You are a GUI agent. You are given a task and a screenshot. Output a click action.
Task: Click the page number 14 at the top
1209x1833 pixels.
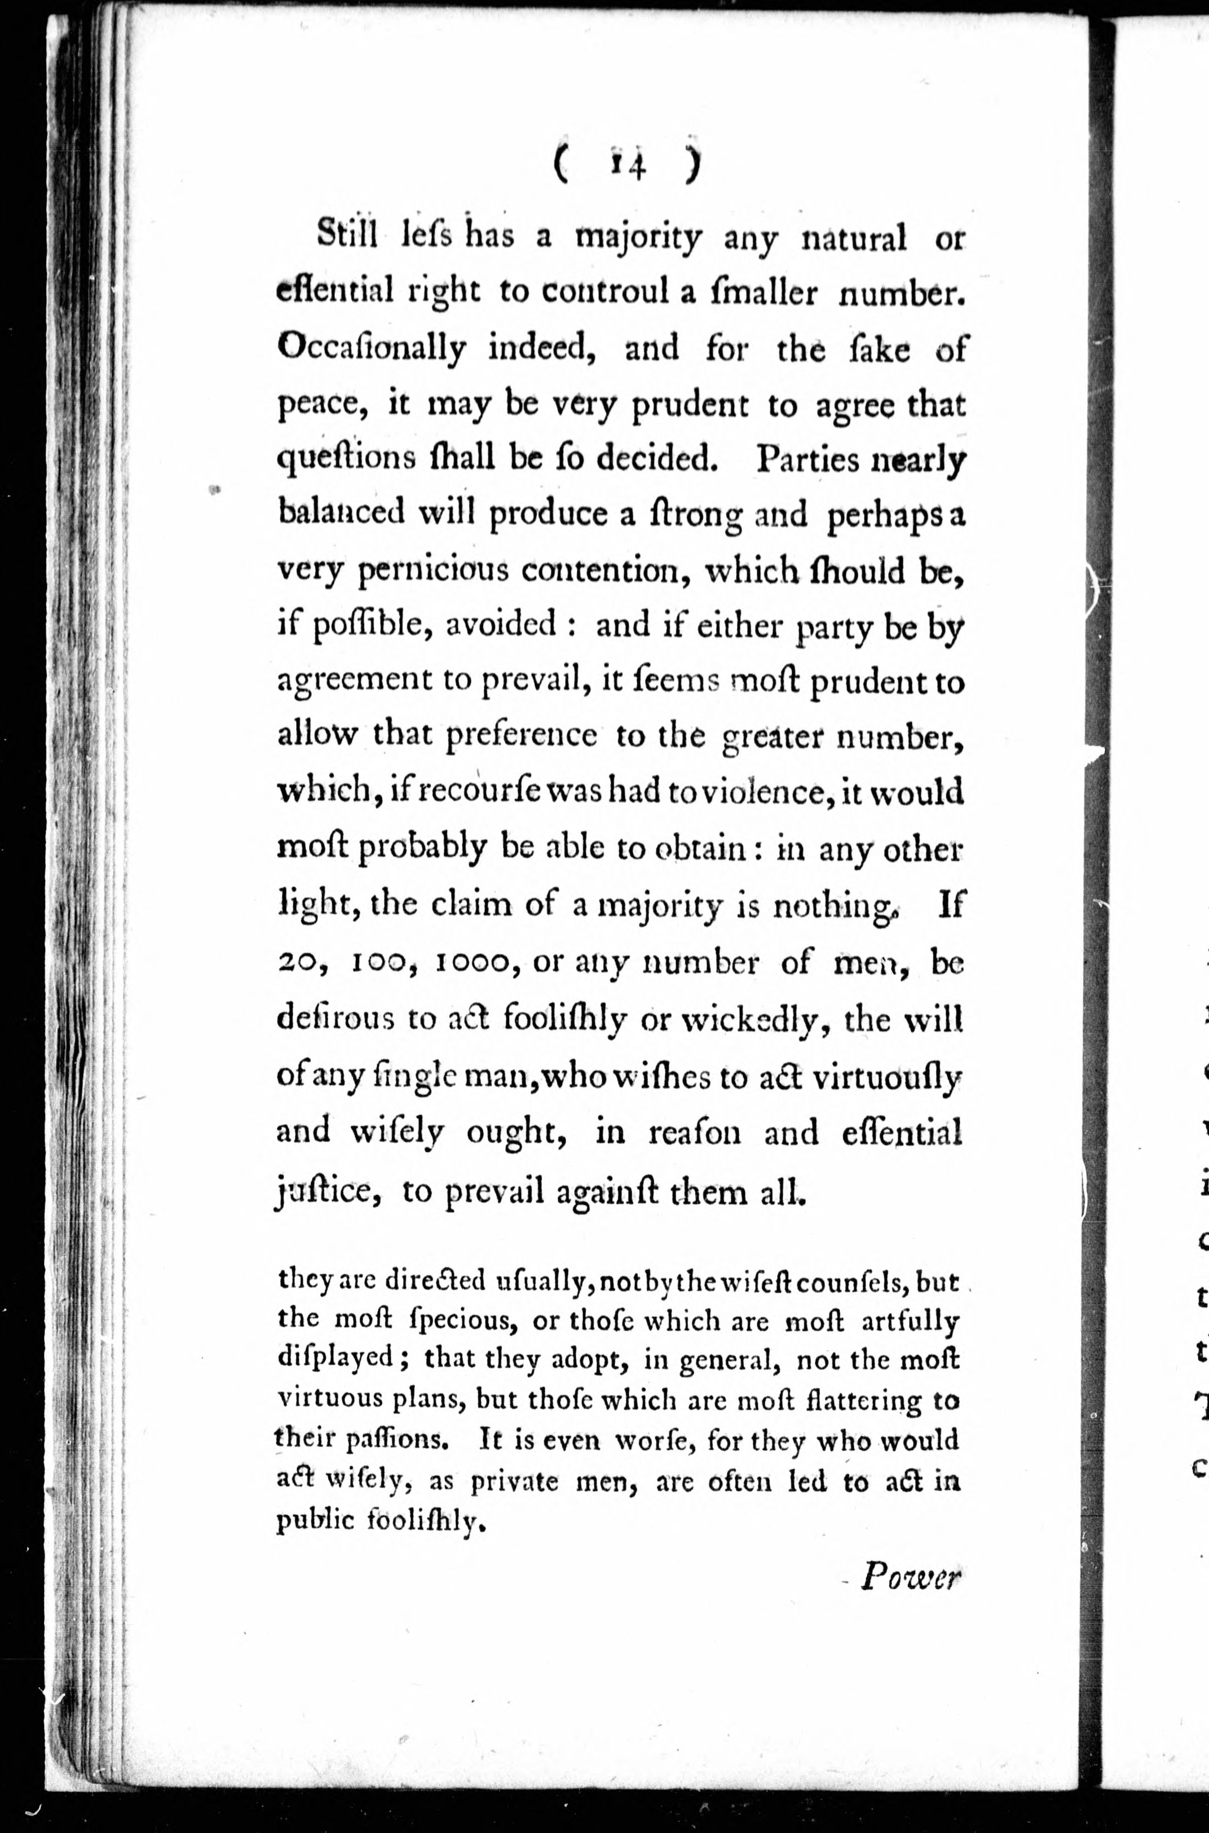[626, 165]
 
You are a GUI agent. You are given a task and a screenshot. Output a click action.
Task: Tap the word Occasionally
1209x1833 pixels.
[372, 349]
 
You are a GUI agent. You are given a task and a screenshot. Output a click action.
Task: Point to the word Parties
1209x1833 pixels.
[808, 460]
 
